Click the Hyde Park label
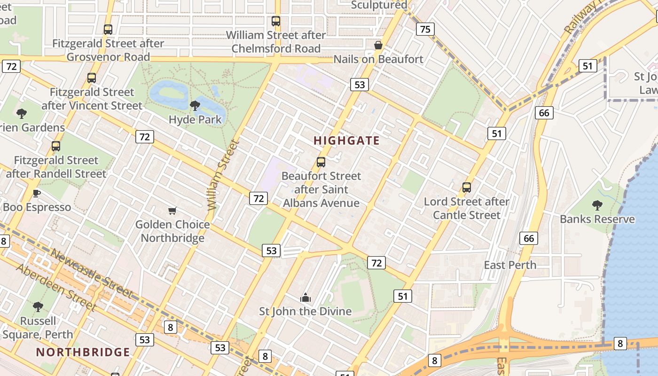[x=195, y=119]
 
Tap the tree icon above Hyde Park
[x=195, y=106]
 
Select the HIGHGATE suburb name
[x=346, y=141]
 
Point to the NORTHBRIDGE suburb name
[x=83, y=352]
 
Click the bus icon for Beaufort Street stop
[x=321, y=162]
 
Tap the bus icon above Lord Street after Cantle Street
[x=467, y=188]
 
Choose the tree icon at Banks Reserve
[x=597, y=205]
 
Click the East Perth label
[x=510, y=265]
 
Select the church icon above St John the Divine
[x=305, y=298]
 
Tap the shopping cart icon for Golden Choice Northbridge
[x=172, y=211]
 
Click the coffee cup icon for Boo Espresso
[x=37, y=193]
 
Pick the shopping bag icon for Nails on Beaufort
[x=378, y=45]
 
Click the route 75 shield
[x=425, y=29]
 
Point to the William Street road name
[x=220, y=175]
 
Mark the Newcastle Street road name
[x=91, y=273]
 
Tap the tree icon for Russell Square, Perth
[x=38, y=307]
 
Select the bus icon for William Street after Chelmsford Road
[x=276, y=21]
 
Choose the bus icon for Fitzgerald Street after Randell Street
[x=56, y=146]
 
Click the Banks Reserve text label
[x=597, y=219]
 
